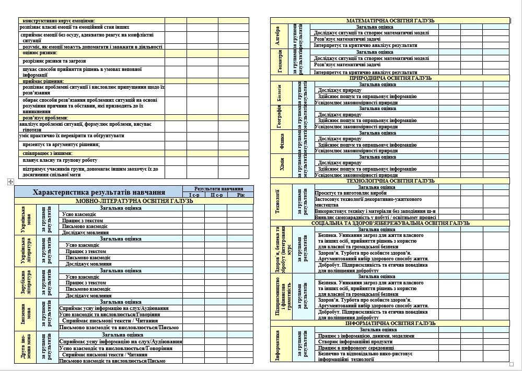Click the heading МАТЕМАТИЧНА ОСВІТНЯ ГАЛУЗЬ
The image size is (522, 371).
point(390,20)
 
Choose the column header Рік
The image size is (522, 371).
point(240,195)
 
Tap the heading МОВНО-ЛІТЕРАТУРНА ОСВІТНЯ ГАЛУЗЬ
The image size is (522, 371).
point(134,201)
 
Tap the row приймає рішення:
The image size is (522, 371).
point(43,81)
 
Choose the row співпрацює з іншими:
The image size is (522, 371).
point(48,153)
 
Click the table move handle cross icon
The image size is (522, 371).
point(9,181)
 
